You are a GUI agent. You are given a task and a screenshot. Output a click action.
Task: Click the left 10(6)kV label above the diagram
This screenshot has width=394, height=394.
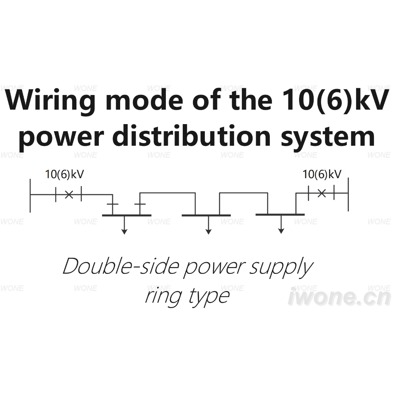coord(64,175)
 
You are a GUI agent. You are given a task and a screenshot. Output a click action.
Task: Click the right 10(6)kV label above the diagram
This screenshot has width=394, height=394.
coord(322,175)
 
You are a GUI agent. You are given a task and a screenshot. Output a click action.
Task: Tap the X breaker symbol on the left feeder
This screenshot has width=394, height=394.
coord(69,194)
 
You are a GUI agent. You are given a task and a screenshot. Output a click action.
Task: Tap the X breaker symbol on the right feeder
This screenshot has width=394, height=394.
coord(322,193)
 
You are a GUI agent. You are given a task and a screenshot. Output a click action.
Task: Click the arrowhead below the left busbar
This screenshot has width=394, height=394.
coord(124,232)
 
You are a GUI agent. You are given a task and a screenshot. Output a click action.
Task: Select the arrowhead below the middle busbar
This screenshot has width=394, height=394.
coord(208,232)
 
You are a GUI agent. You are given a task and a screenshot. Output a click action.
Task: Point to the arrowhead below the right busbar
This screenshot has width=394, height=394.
coord(281,231)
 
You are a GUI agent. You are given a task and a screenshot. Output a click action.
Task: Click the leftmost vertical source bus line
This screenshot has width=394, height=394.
coord(30,196)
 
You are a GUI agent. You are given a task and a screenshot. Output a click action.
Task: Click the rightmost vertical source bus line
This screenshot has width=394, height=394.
coord(348,194)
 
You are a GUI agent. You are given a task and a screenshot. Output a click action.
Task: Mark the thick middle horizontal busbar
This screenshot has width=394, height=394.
coord(206,216)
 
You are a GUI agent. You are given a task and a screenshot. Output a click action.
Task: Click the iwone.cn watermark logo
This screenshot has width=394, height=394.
coord(340,297)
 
